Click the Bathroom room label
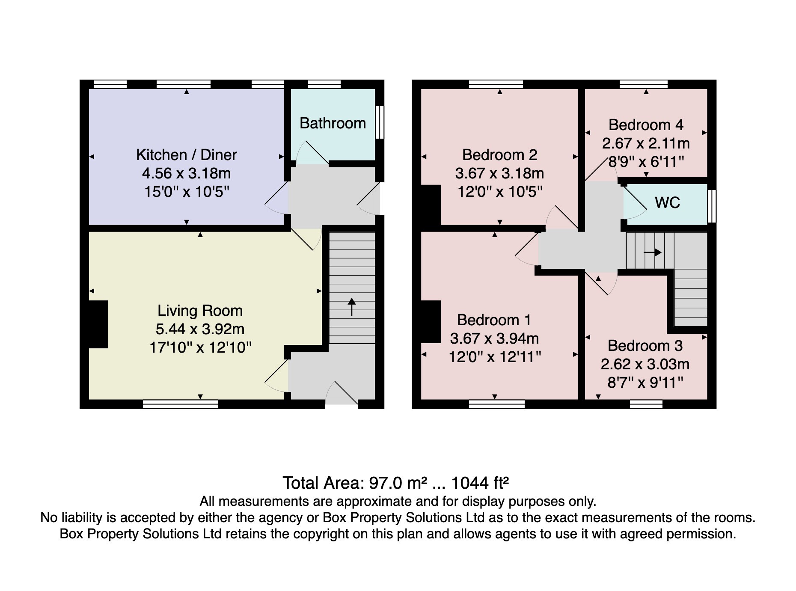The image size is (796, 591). pos(333,123)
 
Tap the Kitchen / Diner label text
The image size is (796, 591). pos(186,154)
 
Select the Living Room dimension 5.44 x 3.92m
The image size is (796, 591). pos(200,329)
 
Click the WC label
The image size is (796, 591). pos(668,202)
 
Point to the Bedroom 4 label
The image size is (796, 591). pos(646,125)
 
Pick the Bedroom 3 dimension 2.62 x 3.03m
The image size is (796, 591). pos(645,364)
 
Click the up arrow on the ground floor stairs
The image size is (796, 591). pos(352,307)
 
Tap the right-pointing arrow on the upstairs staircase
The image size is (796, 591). pos(653,252)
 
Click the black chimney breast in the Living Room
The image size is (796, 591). pos(98,324)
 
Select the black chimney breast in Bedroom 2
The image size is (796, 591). pos(431,205)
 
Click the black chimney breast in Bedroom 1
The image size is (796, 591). pos(431,322)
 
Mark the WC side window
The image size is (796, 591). pos(712,206)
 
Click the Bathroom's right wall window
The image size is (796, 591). pos(380,122)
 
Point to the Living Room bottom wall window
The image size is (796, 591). pos(181,404)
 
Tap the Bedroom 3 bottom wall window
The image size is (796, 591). pos(646,404)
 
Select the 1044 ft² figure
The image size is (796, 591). pos(480,483)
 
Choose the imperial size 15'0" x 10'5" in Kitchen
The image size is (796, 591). pos(187,192)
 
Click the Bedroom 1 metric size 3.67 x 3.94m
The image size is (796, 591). pos(494,339)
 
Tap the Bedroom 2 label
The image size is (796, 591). pos(499,154)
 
